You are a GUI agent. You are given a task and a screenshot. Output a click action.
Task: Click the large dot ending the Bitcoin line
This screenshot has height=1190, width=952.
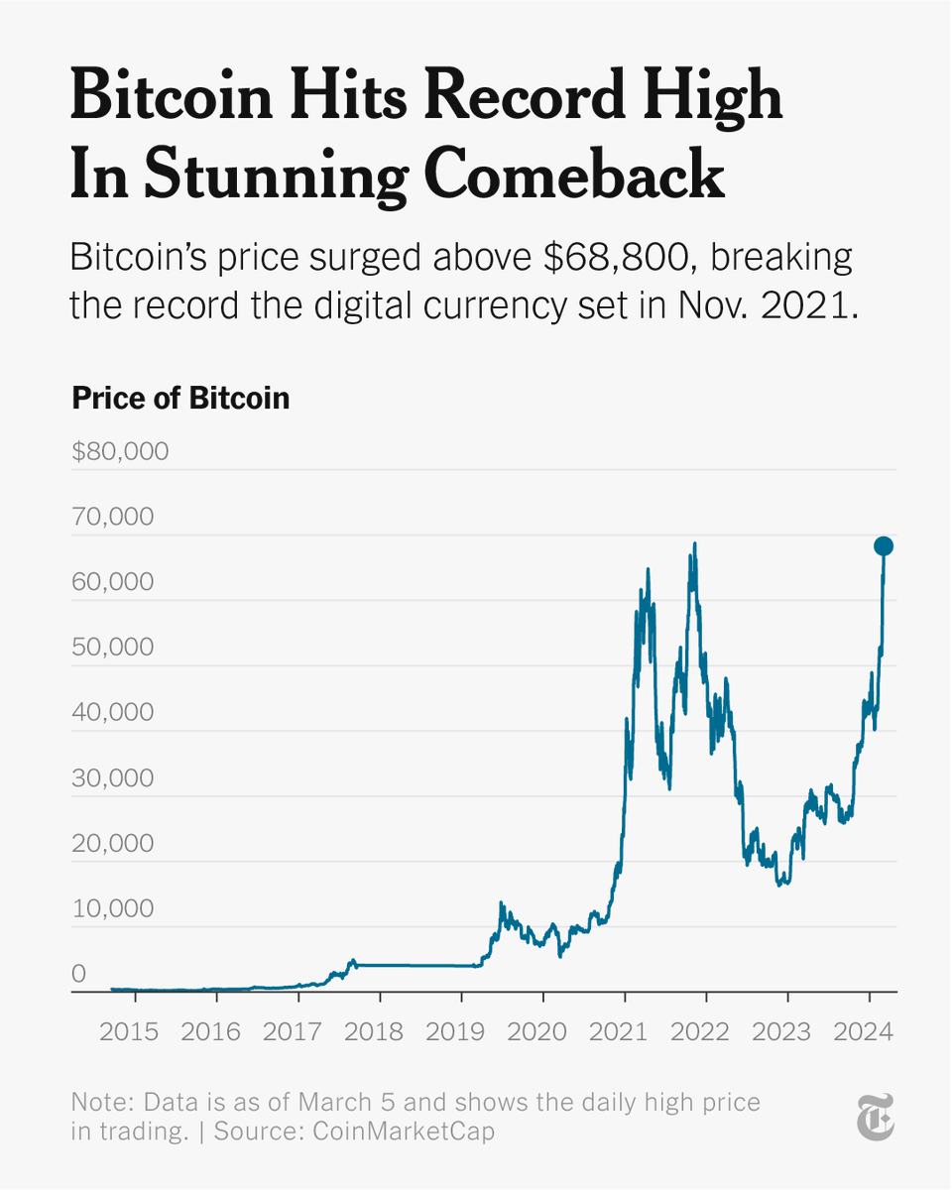883,546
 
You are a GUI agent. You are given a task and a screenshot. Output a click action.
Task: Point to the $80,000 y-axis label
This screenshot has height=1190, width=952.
120,452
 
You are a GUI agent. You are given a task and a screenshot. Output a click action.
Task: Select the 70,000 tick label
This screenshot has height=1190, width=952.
113,517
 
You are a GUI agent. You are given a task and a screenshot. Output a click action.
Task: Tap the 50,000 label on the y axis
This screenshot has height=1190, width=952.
113,648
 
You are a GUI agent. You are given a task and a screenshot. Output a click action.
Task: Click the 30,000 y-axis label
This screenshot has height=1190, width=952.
113,778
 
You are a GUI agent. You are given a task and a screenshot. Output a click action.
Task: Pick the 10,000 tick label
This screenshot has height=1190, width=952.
113,909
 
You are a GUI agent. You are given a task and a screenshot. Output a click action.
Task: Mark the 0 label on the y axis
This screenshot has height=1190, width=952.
79,974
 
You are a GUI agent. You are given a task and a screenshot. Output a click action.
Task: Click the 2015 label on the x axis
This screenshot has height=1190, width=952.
130,1031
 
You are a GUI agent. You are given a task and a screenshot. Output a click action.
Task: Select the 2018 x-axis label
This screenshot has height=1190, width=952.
375,1031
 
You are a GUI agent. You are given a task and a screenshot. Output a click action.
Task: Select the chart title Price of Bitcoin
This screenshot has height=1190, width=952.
180,398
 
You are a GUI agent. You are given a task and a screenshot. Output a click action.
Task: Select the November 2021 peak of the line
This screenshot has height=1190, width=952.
694,543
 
